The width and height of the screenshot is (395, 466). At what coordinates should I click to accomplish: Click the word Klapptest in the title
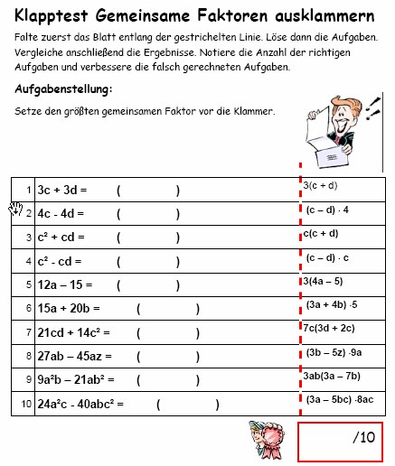(x=52, y=16)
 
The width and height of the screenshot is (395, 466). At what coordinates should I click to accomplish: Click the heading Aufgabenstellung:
(x=63, y=89)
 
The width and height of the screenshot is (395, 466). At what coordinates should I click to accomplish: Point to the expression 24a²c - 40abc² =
(x=80, y=403)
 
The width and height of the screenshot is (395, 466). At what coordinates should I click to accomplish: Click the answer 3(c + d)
(x=321, y=185)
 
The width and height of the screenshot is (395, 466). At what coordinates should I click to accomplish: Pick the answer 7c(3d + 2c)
(x=329, y=328)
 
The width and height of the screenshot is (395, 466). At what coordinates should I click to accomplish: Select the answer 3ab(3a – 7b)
(x=332, y=376)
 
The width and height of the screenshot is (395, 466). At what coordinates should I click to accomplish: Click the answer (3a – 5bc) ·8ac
(x=340, y=398)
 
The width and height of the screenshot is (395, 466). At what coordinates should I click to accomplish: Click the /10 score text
(x=362, y=438)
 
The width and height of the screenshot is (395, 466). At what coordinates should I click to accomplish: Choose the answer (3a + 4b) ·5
(x=332, y=304)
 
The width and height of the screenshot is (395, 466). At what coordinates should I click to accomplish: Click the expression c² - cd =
(x=61, y=262)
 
